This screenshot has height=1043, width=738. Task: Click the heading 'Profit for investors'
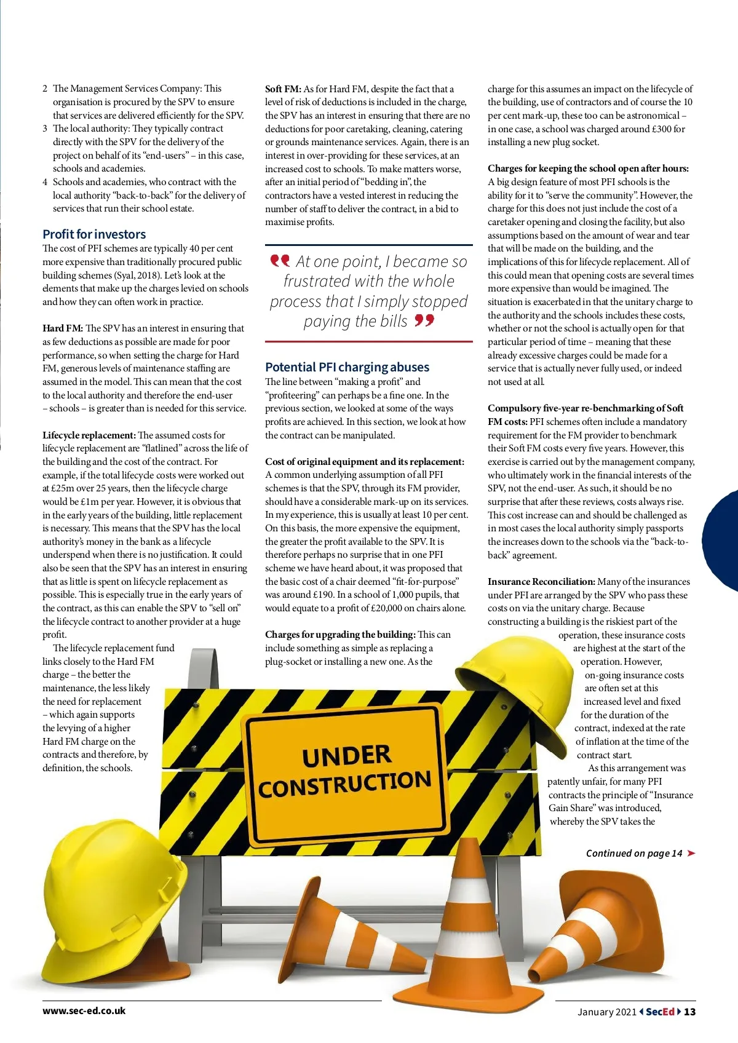(x=94, y=234)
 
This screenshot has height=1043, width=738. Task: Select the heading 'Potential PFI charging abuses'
(x=347, y=367)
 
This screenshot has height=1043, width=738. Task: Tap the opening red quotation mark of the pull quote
(x=280, y=261)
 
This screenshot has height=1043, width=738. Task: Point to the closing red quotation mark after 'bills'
(x=424, y=320)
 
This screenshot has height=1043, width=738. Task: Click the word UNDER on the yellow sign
(x=347, y=756)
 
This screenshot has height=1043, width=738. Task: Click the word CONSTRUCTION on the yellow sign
(x=345, y=783)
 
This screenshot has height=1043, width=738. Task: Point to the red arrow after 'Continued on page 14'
(x=691, y=853)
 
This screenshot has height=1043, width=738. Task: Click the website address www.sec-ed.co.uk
(x=84, y=1010)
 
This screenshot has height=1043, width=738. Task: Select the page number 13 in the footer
(x=689, y=1012)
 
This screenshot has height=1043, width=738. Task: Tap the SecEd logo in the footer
(x=661, y=1012)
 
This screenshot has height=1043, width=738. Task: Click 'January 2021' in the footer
(x=606, y=1012)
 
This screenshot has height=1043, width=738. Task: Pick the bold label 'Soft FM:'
(x=283, y=89)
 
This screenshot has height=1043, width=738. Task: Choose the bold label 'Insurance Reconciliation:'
(x=541, y=582)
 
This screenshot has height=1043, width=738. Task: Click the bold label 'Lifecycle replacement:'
(x=89, y=435)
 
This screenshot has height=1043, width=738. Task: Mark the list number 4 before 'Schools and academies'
(x=45, y=182)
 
